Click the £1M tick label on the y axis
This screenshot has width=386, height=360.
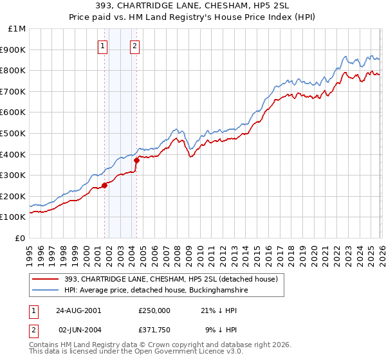[17, 29]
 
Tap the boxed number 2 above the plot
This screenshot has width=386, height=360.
[135, 45]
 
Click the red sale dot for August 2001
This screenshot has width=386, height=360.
[105, 186]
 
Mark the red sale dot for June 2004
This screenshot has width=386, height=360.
[136, 161]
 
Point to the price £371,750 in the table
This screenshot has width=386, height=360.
[154, 330]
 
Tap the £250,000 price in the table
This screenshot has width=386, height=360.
[154, 310]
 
